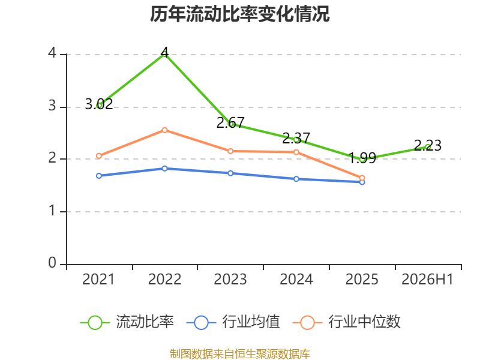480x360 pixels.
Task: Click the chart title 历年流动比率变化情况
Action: (x=239, y=14)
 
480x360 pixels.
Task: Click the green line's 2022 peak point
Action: (x=164, y=55)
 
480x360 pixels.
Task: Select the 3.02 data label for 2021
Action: (x=99, y=104)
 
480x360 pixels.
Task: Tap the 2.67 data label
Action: (x=230, y=123)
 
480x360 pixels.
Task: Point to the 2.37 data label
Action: (x=296, y=139)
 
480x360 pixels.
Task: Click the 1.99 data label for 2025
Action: (x=362, y=158)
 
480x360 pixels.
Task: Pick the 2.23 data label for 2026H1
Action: (x=428, y=145)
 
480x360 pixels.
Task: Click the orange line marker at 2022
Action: (x=164, y=130)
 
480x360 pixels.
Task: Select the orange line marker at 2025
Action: (x=362, y=178)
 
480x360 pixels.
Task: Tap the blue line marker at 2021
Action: (x=99, y=176)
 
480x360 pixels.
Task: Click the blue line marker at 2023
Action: (x=230, y=173)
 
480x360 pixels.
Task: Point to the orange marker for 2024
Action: (x=296, y=152)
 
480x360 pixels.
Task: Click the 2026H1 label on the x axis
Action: (x=427, y=279)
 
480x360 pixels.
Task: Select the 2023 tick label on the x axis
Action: (x=230, y=279)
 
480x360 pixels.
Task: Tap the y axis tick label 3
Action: (x=52, y=106)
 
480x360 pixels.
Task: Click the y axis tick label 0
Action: (x=52, y=263)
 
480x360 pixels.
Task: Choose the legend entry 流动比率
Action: (x=127, y=322)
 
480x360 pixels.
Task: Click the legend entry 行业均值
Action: (x=233, y=322)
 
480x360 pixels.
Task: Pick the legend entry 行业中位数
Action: (x=347, y=322)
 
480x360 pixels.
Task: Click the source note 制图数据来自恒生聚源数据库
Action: (x=239, y=353)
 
